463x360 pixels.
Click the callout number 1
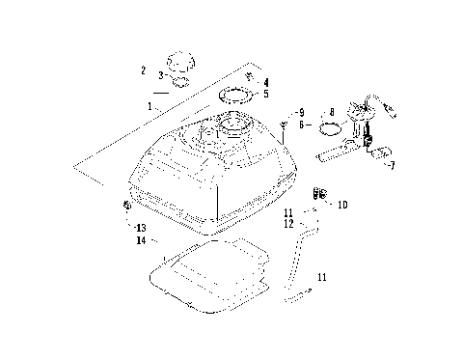point(150,103)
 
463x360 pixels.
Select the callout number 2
point(143,70)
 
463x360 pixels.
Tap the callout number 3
point(161,75)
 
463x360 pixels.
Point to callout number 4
point(266,82)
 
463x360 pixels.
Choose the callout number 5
point(266,95)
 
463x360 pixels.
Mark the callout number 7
point(392,165)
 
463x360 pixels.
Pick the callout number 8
point(331,112)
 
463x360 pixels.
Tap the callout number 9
point(301,112)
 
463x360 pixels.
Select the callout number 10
point(343,205)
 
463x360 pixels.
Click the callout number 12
point(289,224)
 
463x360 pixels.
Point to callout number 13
point(141,228)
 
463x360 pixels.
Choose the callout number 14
point(141,240)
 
